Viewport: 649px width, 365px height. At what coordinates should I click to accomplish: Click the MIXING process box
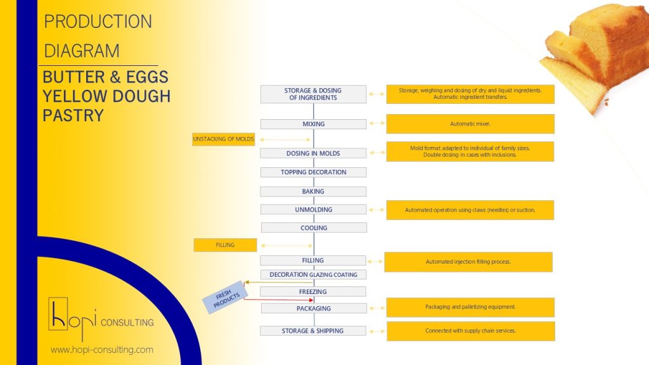pos(313,124)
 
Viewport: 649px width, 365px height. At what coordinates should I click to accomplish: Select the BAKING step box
pos(313,191)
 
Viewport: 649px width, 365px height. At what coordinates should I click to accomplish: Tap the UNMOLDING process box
pos(313,210)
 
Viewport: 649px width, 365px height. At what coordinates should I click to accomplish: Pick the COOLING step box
pos(314,228)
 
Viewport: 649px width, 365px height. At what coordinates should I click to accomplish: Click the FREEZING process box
pos(313,292)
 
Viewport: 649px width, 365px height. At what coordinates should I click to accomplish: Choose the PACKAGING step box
pos(314,309)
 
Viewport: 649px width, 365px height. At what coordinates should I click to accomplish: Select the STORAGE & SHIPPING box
pos(313,331)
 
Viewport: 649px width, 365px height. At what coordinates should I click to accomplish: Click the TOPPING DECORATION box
pos(313,172)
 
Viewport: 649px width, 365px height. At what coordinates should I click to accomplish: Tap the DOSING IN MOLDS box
pos(313,153)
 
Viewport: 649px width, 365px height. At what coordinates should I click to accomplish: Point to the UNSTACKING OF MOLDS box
pos(224,139)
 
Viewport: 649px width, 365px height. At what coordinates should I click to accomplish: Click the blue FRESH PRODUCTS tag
pos(223,298)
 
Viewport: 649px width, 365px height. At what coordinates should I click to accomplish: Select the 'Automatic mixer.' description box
pos(470,124)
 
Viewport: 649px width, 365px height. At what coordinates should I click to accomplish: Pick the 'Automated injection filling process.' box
pos(468,262)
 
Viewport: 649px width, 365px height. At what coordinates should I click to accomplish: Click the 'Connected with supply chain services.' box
pos(470,331)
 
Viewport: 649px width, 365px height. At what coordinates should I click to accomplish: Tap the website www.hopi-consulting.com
pos(102,350)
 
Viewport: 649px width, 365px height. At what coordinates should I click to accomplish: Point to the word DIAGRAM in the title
pos(81,50)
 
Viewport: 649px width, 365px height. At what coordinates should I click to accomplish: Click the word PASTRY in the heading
pos(73,115)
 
